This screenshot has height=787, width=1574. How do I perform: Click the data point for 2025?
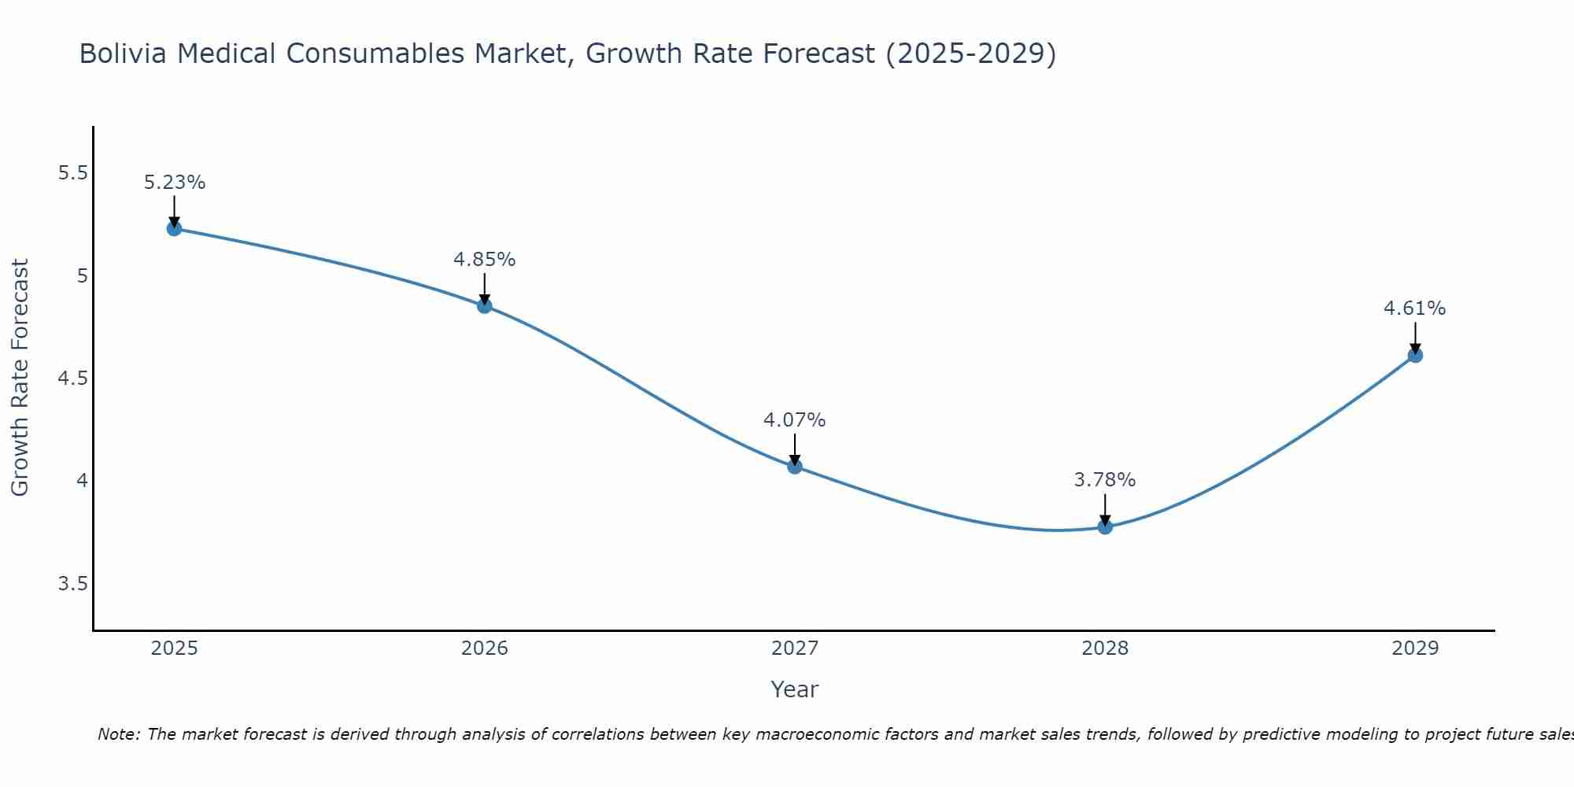tap(174, 229)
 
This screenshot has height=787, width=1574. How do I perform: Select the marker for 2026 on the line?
tap(485, 306)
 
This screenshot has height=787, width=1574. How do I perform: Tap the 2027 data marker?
tap(795, 467)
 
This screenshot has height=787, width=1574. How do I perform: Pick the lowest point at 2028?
tap(1105, 527)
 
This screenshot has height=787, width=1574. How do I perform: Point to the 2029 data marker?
tap(1415, 356)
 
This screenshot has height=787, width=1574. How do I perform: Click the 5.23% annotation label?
tap(174, 183)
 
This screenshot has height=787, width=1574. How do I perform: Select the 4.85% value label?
tap(485, 260)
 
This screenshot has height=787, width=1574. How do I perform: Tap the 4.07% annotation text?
tap(795, 420)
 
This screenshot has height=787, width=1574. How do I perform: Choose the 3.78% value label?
tap(1105, 480)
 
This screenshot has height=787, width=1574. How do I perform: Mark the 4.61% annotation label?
tap(1415, 309)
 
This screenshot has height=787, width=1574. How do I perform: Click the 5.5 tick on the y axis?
tap(72, 173)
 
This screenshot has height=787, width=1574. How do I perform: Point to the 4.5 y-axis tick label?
tap(72, 379)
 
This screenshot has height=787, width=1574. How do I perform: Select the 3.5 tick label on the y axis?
tap(72, 584)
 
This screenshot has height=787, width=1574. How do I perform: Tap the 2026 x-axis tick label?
tap(485, 648)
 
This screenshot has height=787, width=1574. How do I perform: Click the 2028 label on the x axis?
tap(1105, 648)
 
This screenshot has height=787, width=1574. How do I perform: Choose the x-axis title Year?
tap(795, 689)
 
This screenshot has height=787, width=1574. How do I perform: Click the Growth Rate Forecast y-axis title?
tap(20, 378)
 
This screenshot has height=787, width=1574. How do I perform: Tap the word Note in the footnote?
tap(118, 734)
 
